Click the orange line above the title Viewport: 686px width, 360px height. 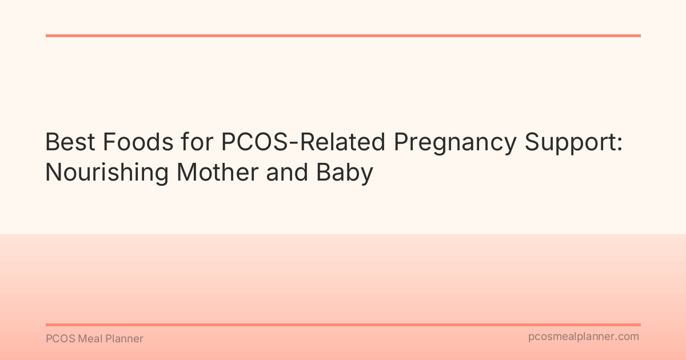coord(343,35)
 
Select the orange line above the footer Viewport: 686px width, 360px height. coord(343,325)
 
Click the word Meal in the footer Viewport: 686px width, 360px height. coord(89,339)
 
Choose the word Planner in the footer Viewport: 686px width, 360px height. coord(125,339)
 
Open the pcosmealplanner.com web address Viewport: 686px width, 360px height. coord(584,337)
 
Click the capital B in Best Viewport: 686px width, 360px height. coord(51,142)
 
